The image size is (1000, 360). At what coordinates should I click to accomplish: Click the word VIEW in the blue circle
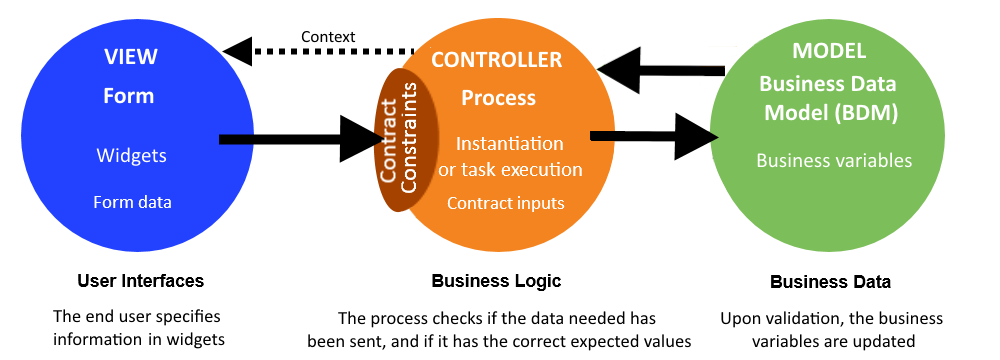pos(130,56)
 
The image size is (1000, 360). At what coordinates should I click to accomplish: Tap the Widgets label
pos(131,156)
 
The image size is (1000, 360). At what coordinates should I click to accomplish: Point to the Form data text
pos(132,202)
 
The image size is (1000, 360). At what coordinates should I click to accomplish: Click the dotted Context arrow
pos(320,49)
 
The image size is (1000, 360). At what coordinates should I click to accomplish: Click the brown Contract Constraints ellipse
pos(399,140)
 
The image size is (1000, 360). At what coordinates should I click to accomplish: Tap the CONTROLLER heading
pos(496,60)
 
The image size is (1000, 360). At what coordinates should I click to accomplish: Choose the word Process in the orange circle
pos(498,98)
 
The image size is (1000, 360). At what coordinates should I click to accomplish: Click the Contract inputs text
pos(505,203)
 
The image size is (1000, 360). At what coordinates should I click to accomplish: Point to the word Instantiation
pos(509,144)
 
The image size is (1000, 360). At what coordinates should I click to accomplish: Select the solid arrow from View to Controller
pos(300,139)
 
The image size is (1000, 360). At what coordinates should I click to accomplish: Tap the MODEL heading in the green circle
pos(830,50)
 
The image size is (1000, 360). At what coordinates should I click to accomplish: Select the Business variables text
pos(833,160)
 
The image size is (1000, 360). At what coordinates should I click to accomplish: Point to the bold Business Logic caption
pos(496,281)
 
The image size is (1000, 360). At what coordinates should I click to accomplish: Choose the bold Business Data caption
pos(830,282)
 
